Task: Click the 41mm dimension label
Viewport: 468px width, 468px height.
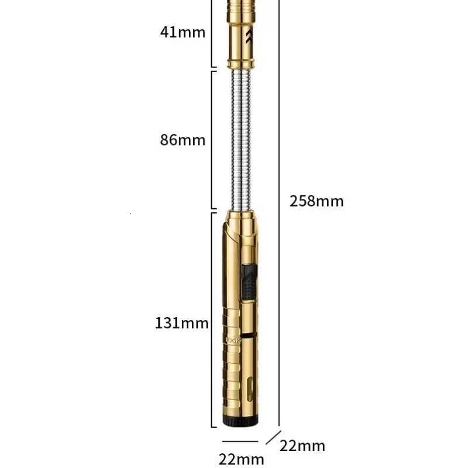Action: pos(183,32)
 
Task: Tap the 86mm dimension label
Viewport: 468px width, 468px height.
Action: pos(183,140)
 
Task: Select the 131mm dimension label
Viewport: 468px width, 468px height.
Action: pos(182,322)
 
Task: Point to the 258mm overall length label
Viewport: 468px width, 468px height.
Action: pos(316,201)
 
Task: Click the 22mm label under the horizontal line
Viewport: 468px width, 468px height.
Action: pos(241,459)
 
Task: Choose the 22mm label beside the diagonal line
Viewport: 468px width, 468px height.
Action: pos(302,446)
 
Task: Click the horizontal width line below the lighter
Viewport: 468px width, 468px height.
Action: pos(241,442)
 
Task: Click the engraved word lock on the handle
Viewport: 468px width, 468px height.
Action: pos(232,338)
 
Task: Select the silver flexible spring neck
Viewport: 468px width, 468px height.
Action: pos(242,139)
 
